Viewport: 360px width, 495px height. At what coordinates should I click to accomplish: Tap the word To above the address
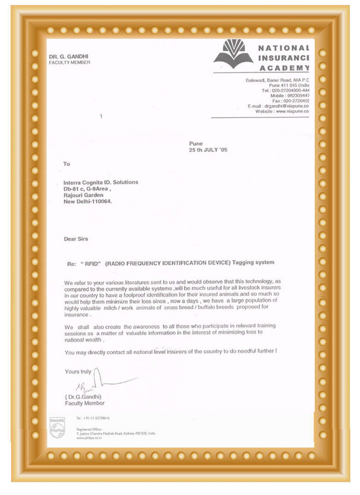[x=66, y=164]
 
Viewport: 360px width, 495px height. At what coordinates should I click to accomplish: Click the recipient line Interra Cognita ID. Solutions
[x=101, y=182]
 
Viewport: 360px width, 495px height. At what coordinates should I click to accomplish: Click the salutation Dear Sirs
[x=76, y=239]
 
